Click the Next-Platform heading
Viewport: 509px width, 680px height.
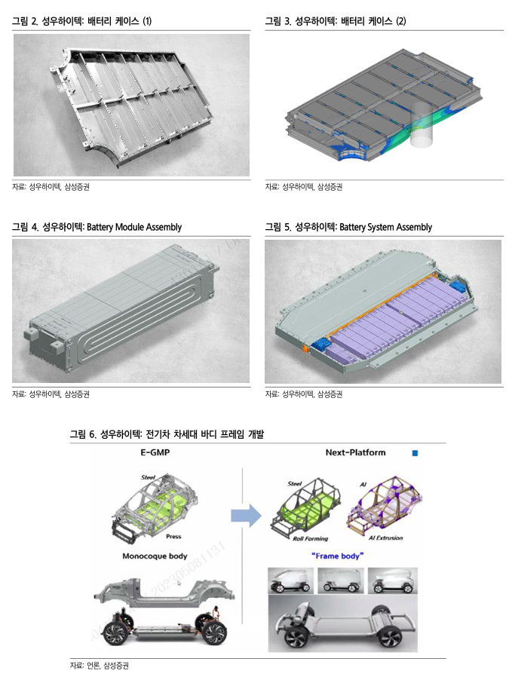[x=355, y=452]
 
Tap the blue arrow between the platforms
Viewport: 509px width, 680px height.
[x=244, y=515]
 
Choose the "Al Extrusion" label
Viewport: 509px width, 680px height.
[x=383, y=538]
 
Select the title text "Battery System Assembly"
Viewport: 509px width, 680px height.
[x=385, y=227]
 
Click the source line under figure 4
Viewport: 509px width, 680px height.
[x=56, y=393]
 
